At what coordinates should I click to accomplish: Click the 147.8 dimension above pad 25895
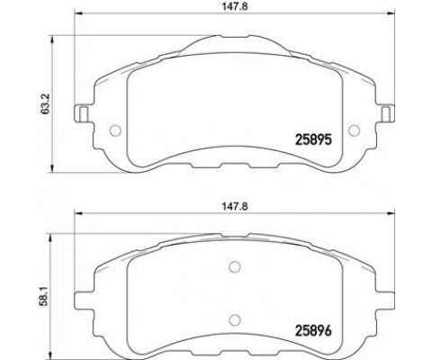point(232,7)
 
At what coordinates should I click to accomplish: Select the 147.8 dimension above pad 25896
point(232,205)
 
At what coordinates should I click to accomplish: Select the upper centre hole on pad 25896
point(233,266)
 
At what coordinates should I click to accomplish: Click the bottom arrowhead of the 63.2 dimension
point(57,167)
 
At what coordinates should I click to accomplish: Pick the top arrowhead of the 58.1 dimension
point(57,232)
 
